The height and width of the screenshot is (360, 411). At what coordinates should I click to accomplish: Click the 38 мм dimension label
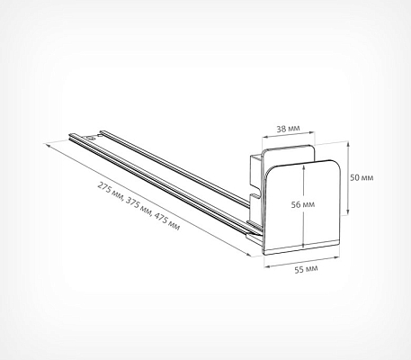pyautogui.click(x=288, y=129)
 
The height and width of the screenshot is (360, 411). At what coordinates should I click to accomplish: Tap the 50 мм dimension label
pyautogui.click(x=362, y=177)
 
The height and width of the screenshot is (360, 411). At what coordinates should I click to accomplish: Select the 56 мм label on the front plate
pyautogui.click(x=303, y=204)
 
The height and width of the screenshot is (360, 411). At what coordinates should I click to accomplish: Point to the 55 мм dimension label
pyautogui.click(x=306, y=269)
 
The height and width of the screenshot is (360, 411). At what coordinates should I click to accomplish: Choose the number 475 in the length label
pyautogui.click(x=161, y=218)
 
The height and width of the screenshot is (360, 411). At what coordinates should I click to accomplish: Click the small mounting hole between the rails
pyautogui.click(x=90, y=139)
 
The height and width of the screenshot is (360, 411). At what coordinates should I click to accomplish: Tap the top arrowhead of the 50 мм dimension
pyautogui.click(x=348, y=145)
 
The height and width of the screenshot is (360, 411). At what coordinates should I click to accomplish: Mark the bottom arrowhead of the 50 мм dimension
pyautogui.click(x=348, y=212)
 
